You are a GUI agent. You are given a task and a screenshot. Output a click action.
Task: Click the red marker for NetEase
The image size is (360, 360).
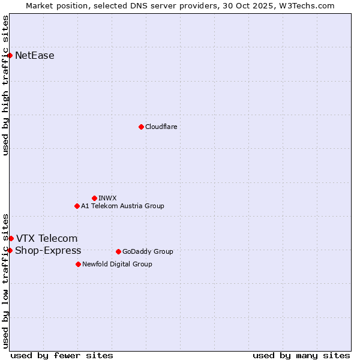10,56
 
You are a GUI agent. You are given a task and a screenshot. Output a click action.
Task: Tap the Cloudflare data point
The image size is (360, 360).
141,127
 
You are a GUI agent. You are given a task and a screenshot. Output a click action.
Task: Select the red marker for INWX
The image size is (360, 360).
94,198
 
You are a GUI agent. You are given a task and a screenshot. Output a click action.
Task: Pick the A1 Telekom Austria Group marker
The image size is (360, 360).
77,206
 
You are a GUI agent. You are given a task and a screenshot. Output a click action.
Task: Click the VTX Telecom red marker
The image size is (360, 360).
11,239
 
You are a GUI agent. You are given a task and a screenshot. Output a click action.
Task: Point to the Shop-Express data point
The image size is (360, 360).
10,250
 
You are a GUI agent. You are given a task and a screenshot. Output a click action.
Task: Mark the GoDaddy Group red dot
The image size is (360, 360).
118,251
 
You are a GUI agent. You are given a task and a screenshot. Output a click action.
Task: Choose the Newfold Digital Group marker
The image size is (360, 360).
78,264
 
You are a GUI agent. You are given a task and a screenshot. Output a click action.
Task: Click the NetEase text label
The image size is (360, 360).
35,56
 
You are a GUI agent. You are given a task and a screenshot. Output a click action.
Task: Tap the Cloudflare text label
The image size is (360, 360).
161,127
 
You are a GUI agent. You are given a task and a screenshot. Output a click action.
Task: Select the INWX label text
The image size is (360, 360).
107,198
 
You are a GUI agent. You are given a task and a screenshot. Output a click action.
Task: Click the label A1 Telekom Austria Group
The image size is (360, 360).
122,206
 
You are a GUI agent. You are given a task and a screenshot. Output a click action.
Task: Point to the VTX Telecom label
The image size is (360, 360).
47,239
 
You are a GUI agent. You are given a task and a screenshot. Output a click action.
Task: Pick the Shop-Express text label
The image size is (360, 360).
48,250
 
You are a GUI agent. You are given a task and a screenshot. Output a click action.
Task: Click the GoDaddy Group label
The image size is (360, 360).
148,251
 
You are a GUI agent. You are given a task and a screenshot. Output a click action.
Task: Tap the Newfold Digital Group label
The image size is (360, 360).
117,264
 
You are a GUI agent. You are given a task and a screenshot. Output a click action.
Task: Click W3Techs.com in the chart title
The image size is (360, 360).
309,5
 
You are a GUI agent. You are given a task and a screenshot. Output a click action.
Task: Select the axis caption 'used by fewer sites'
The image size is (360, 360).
62,355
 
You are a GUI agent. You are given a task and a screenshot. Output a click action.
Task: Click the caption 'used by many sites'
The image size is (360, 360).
301,355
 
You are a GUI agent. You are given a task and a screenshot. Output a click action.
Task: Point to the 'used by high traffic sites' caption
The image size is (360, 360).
5,85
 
